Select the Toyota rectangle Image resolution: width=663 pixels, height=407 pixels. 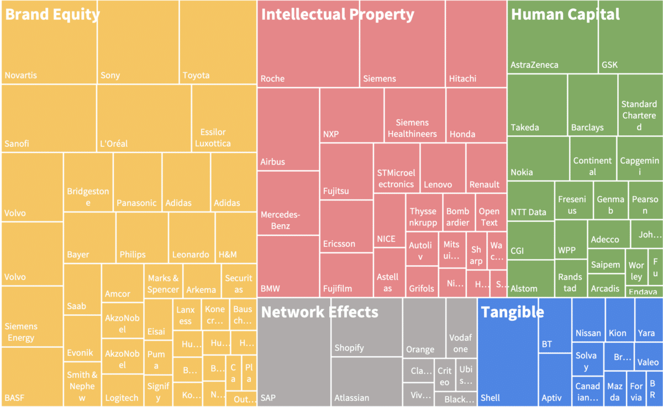(x=218, y=50)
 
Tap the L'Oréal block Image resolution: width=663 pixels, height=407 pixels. (x=144, y=118)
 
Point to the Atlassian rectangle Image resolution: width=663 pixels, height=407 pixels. (x=367, y=381)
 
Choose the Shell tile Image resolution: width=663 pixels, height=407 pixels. (x=508, y=364)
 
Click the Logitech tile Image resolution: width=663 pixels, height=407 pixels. (x=123, y=390)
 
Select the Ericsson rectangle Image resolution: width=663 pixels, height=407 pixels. (x=346, y=226)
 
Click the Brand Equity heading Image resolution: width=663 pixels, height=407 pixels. (x=52, y=14)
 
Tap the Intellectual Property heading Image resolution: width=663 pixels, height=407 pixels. (x=337, y=14)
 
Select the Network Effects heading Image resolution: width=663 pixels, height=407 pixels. (x=319, y=312)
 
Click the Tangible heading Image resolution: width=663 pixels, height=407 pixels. (x=512, y=312)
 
